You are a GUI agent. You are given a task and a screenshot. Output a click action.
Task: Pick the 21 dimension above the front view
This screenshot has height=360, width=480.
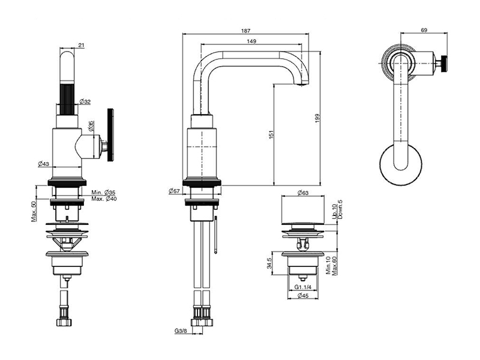click(x=82, y=45)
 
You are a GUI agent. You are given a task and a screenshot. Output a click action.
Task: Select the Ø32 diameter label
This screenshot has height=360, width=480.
click(x=85, y=101)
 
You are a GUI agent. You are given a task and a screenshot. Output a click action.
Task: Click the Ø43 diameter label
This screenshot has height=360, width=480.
click(x=43, y=164)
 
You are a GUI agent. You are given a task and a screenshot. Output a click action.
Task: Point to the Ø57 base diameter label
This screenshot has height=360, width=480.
click(x=175, y=191)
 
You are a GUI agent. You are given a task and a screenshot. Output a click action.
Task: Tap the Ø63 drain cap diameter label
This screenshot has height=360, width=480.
click(x=302, y=193)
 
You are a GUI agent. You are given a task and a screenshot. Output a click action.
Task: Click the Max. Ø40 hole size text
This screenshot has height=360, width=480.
click(x=103, y=199)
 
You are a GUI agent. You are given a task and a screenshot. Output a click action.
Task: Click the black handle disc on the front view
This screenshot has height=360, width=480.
click(x=110, y=135)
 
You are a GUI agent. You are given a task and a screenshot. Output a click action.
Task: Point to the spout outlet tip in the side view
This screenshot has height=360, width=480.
click(x=302, y=85)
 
